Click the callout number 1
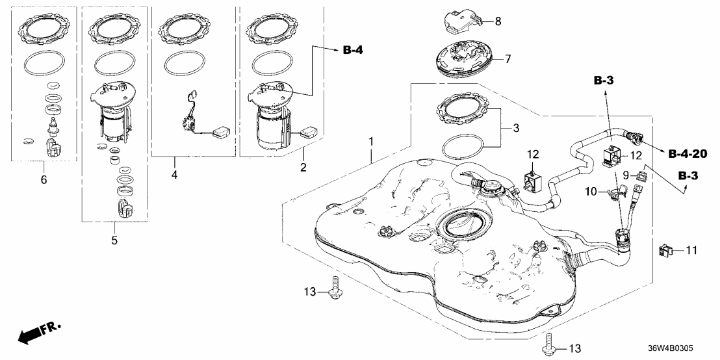pyautogui.click(x=371, y=140)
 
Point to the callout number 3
pyautogui.click(x=516, y=129)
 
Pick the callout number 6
pyautogui.click(x=44, y=179)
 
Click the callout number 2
pyautogui.click(x=303, y=168)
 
